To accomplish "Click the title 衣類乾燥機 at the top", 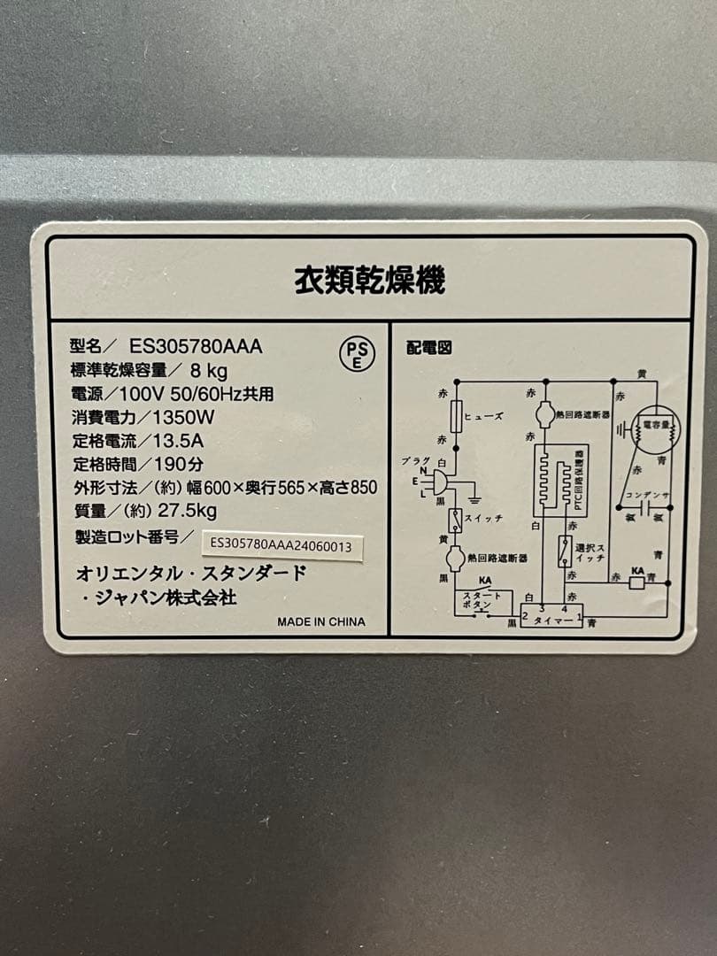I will (x=369, y=281).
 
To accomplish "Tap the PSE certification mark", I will (x=358, y=354).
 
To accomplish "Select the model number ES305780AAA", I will (x=196, y=348).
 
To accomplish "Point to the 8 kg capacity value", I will (x=209, y=371).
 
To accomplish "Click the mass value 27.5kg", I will (x=187, y=510).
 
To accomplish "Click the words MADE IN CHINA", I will (x=320, y=621).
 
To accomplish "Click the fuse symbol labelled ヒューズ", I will (x=457, y=415).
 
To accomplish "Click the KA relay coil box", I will (x=636, y=582).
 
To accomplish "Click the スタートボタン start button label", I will (x=482, y=599).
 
